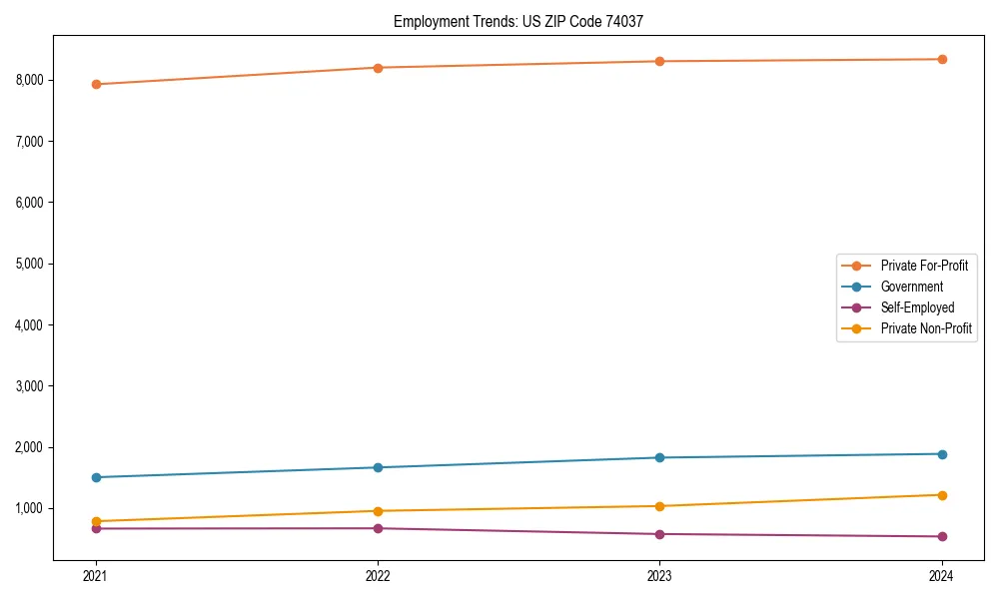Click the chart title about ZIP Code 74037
(x=525, y=21)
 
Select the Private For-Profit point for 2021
(x=96, y=84)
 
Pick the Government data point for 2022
(x=378, y=467)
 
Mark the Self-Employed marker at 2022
(x=378, y=528)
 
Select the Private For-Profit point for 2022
(x=378, y=68)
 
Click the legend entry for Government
(x=911, y=287)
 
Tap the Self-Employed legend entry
(x=917, y=307)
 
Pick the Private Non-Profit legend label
(x=926, y=328)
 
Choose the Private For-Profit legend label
(x=924, y=266)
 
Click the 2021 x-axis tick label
(x=96, y=575)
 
